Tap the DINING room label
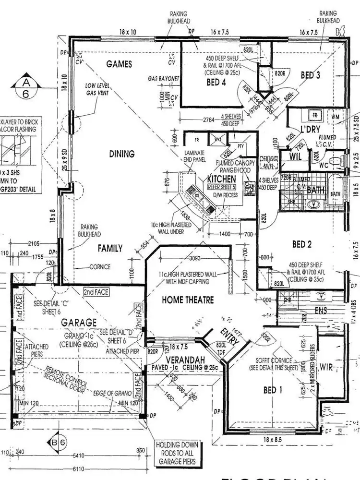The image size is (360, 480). click(x=121, y=154)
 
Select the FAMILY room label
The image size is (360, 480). click(x=110, y=248)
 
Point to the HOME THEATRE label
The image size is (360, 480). click(x=188, y=300)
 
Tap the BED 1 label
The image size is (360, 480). click(x=273, y=390)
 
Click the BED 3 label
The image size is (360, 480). click(x=311, y=75)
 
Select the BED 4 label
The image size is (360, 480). click(x=216, y=82)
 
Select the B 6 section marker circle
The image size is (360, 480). click(x=59, y=443)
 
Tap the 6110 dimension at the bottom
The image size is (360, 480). click(x=78, y=469)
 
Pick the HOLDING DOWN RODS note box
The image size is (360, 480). click(x=177, y=453)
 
